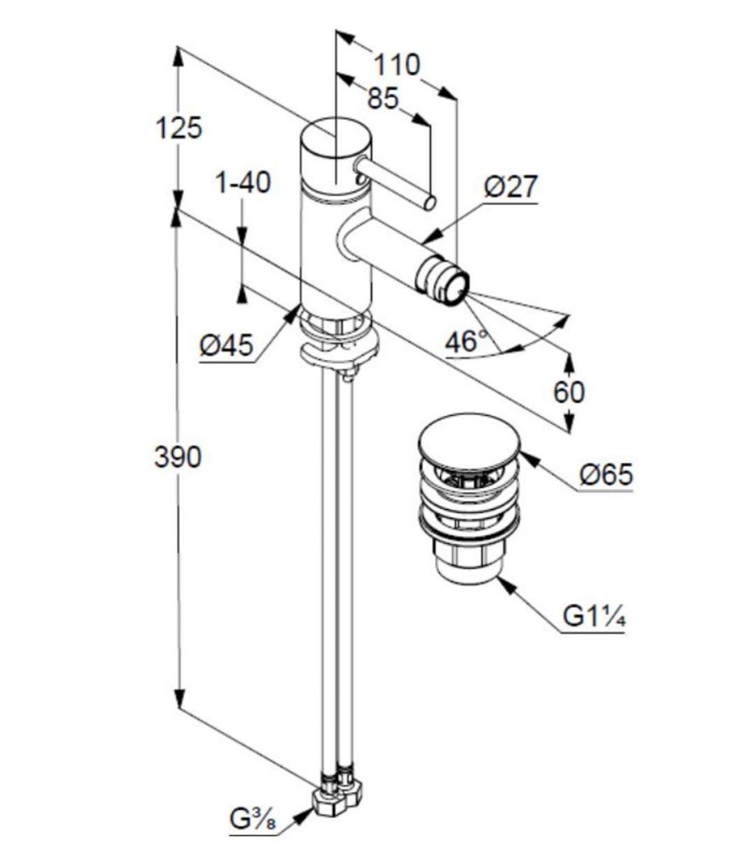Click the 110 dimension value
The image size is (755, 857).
pyautogui.click(x=396, y=64)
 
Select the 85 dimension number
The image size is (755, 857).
pyautogui.click(x=383, y=99)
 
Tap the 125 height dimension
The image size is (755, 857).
pyautogui.click(x=179, y=128)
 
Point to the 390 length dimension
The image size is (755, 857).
pyautogui.click(x=177, y=457)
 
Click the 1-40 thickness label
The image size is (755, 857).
pyautogui.click(x=243, y=182)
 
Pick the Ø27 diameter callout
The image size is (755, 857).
pyautogui.click(x=511, y=187)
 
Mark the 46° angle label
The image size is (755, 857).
pyautogui.click(x=466, y=341)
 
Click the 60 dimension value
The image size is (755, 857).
pyautogui.click(x=569, y=391)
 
